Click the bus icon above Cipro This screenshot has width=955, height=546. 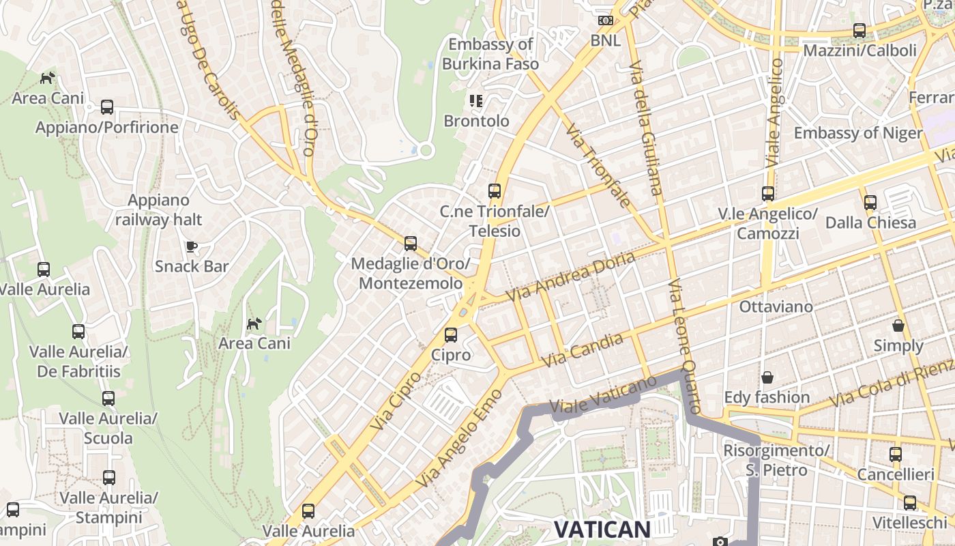click(450, 335)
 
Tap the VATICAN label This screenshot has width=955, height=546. click(602, 529)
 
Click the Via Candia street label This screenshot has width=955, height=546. click(581, 350)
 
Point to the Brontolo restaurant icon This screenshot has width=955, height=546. click(476, 102)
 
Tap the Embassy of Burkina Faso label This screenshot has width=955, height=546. click(490, 55)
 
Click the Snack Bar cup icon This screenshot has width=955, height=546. click(192, 246)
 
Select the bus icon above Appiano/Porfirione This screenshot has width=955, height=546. click(107, 107)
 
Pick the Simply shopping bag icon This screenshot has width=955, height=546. click(898, 326)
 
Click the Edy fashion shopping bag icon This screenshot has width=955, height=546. click(767, 377)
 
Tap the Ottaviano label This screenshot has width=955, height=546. click(776, 306)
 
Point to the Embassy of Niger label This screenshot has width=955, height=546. click(857, 133)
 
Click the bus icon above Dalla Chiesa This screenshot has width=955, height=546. click(870, 203)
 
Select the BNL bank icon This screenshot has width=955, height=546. click(606, 20)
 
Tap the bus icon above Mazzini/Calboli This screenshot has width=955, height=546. click(859, 31)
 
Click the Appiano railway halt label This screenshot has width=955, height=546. click(158, 210)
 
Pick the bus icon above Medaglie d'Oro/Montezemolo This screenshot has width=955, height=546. click(411, 244)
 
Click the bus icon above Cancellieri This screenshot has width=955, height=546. click(896, 455)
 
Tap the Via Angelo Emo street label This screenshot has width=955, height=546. click(459, 439)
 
